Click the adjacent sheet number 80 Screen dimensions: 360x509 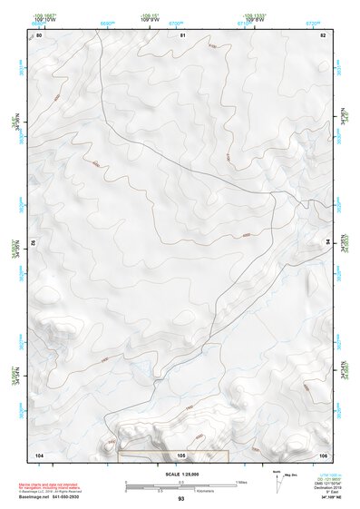[x=38, y=35]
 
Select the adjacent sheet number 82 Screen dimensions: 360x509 [x=323, y=35]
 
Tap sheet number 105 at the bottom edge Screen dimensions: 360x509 [x=181, y=455]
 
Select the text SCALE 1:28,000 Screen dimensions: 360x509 [x=180, y=475]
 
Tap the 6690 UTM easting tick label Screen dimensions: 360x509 [x=107, y=22]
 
